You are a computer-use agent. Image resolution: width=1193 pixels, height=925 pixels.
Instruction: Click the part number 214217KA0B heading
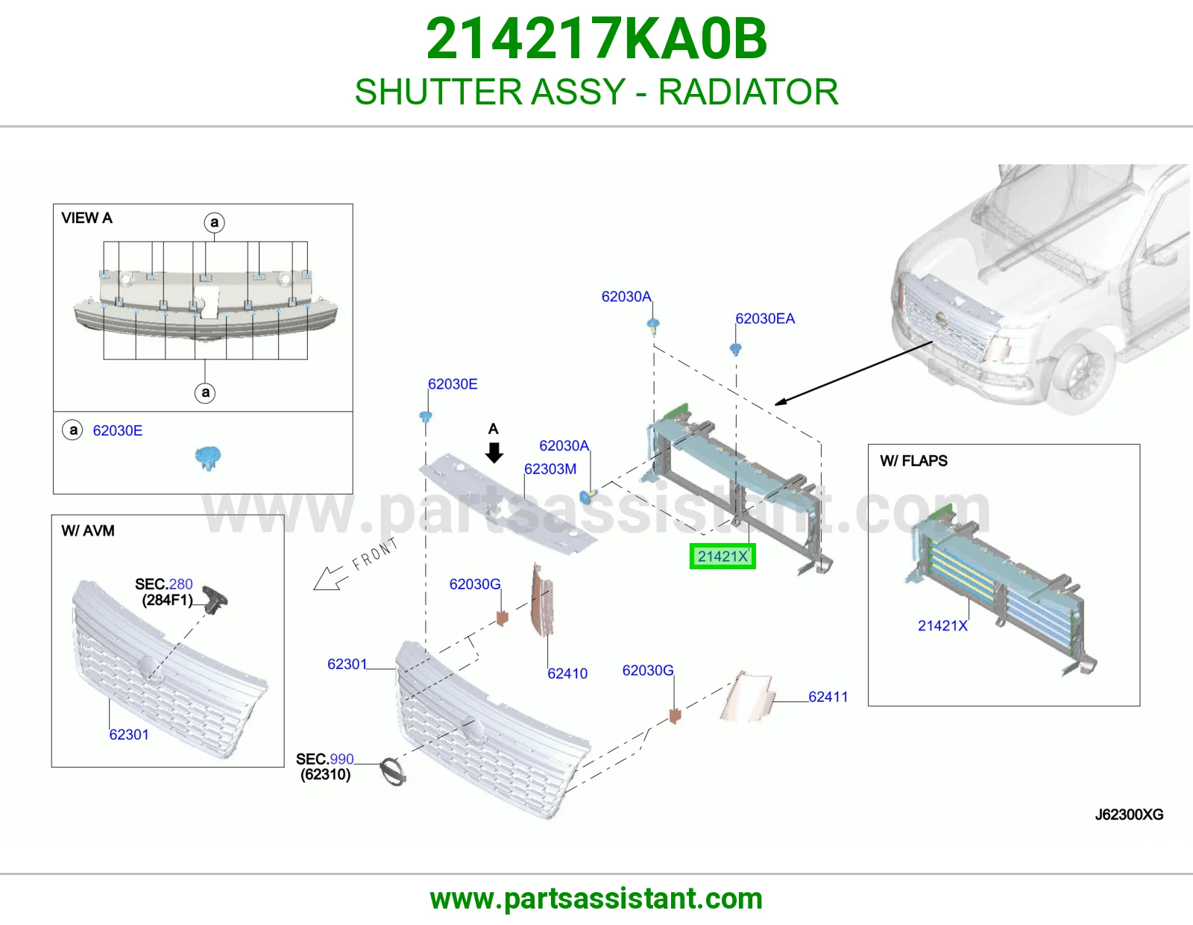(x=596, y=39)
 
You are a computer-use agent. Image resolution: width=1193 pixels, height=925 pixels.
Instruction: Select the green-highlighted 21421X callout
(x=723, y=556)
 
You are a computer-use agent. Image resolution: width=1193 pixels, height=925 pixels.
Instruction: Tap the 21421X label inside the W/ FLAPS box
(x=942, y=626)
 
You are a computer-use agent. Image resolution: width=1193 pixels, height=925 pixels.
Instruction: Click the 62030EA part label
(x=765, y=319)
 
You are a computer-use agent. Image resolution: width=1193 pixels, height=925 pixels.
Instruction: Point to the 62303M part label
(x=550, y=469)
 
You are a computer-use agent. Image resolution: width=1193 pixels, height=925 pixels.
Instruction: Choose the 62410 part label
(x=567, y=674)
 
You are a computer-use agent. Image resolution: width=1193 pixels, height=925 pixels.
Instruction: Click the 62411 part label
(x=828, y=697)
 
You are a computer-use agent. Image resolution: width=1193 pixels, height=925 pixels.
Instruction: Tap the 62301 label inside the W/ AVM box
(x=129, y=735)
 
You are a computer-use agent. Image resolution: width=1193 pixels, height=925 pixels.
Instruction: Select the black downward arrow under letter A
(x=494, y=453)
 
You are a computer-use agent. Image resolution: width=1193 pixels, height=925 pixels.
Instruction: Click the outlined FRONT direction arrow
(x=331, y=578)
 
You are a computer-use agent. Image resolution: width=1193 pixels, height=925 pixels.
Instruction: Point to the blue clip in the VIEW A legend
(x=208, y=458)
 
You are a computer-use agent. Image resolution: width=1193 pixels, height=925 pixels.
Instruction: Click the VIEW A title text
(x=86, y=218)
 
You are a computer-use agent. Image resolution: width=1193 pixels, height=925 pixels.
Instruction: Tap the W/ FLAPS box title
(x=913, y=461)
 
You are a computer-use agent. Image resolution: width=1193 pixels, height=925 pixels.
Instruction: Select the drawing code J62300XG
(x=1130, y=814)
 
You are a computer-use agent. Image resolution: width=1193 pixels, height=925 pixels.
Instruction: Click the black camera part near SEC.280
(x=215, y=600)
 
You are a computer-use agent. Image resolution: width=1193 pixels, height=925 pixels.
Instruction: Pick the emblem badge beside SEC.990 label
(x=393, y=772)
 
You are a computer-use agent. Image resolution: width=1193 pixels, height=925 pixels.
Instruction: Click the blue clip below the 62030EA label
(x=736, y=349)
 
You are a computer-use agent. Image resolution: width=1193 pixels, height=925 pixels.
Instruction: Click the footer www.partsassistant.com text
(x=596, y=899)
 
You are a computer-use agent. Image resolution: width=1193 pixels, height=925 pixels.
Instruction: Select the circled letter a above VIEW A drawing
(x=214, y=222)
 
